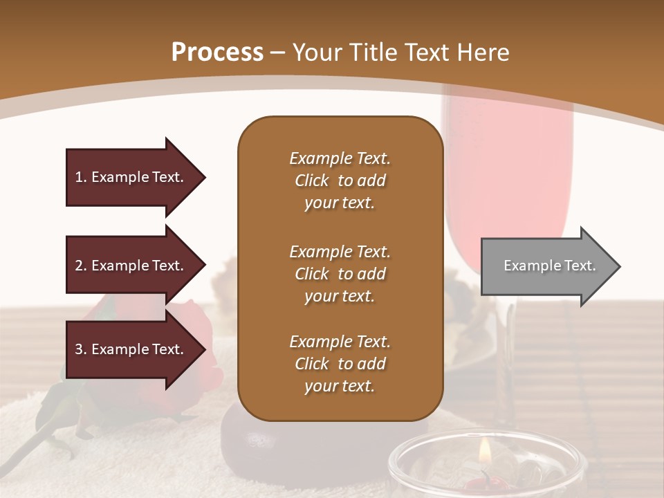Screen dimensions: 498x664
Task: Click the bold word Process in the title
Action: pos(217,53)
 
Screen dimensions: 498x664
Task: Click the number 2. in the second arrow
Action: pos(81,266)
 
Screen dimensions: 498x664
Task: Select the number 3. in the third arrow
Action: pos(81,349)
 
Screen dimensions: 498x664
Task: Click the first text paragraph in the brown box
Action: pos(340,181)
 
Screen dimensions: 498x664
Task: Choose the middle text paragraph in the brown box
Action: pos(340,274)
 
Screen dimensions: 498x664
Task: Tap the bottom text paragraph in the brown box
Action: pos(340,364)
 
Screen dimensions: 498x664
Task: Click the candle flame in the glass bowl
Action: pos(486,453)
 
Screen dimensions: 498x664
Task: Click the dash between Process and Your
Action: pos(278,53)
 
